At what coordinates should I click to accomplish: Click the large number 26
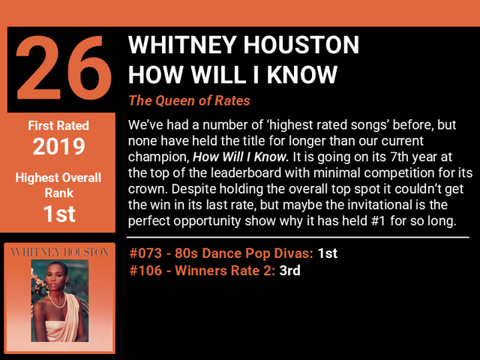click(64, 68)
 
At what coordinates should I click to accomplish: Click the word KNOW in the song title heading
click(301, 74)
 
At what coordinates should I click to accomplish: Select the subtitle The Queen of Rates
click(189, 100)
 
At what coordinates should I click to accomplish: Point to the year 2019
click(58, 146)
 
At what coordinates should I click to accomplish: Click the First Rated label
click(58, 125)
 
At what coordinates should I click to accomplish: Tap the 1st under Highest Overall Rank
click(59, 213)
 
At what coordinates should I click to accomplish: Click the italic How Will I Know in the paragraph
click(241, 157)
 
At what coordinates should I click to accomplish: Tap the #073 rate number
click(145, 253)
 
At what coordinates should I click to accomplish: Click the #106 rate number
click(145, 271)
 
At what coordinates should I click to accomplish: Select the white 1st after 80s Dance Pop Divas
click(328, 253)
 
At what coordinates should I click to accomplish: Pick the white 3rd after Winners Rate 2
click(289, 271)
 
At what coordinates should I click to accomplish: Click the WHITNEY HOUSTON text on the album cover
click(60, 252)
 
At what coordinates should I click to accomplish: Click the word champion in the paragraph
click(157, 157)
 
